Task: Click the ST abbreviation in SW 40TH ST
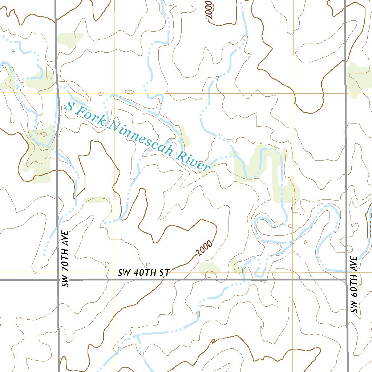(x=166, y=273)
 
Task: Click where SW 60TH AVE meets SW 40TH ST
(x=346, y=280)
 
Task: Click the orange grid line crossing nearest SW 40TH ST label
(x=114, y=272)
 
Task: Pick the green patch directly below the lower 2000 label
(x=210, y=268)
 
